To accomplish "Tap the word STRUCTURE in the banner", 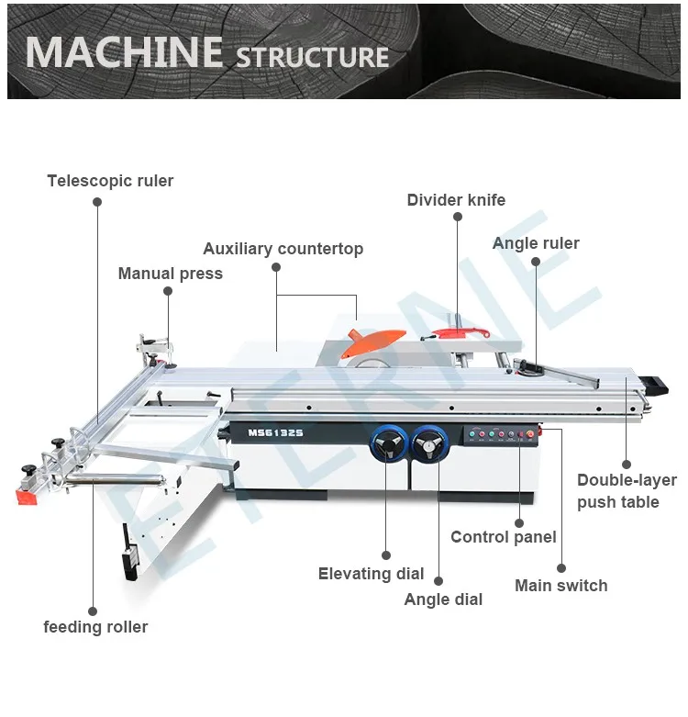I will (313, 57).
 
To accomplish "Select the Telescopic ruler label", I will (110, 181).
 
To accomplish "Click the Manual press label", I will (170, 274).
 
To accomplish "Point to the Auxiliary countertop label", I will (283, 249).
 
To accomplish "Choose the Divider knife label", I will (456, 200).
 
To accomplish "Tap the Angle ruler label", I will (536, 243).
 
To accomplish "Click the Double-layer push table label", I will (627, 491).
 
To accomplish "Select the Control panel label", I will (503, 537).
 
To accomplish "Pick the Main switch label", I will (560, 586).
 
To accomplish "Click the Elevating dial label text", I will (371, 574).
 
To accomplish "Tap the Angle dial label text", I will (443, 599).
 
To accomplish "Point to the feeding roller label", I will (95, 627).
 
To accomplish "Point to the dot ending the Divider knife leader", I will (457, 217).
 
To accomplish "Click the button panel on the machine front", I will (499, 436).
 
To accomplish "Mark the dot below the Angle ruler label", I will (536, 261).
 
